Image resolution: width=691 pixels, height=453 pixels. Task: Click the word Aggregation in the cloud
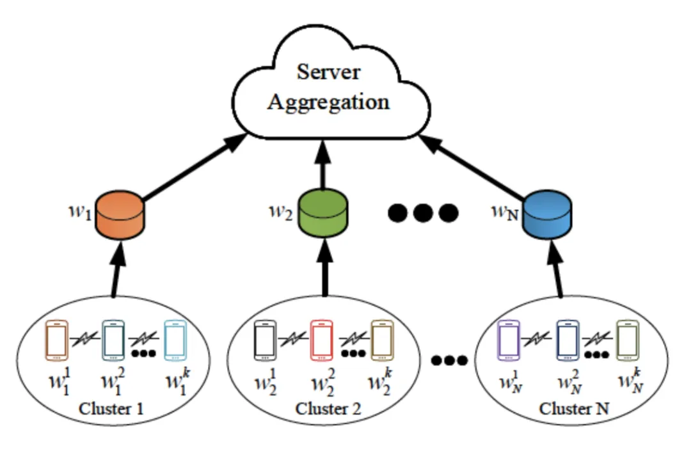tap(328, 102)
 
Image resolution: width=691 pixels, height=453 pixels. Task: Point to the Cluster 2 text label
tap(328, 408)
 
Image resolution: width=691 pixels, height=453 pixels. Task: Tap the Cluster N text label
tap(574, 408)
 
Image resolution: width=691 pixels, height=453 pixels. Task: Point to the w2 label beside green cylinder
tap(280, 212)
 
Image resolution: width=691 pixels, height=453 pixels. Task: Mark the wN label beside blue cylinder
tap(503, 212)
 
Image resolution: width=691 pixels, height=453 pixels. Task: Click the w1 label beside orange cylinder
tap(80, 212)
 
